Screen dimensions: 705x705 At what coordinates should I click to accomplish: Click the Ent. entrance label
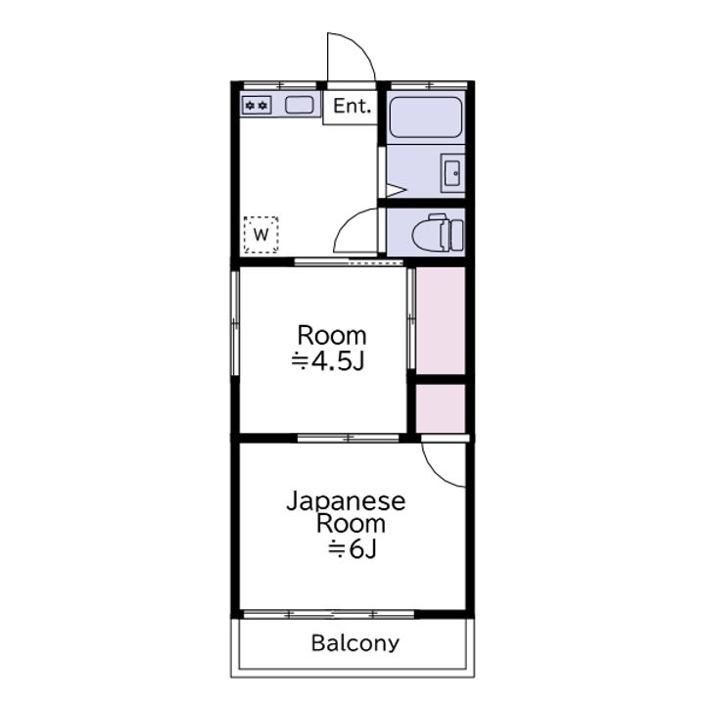click(x=352, y=106)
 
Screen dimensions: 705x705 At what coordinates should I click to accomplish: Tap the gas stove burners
click(x=257, y=106)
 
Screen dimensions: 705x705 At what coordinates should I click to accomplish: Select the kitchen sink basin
click(x=300, y=105)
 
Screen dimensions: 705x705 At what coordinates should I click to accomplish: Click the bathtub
click(x=425, y=117)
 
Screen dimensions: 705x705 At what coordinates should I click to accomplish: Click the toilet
click(x=438, y=232)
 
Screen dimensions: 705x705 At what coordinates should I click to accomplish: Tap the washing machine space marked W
click(x=260, y=234)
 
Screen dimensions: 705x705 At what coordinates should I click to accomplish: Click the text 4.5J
click(x=337, y=360)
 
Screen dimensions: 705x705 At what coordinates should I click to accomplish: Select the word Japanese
click(x=346, y=501)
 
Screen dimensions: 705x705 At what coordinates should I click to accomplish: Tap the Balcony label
click(x=355, y=643)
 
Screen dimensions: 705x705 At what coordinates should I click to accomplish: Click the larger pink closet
click(x=441, y=320)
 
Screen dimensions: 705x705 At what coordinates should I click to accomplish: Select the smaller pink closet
click(x=441, y=408)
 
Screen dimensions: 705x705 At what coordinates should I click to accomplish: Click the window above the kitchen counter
click(x=280, y=85)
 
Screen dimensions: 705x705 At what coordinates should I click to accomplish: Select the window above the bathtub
click(x=430, y=85)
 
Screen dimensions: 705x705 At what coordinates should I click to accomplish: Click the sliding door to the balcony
click(x=329, y=614)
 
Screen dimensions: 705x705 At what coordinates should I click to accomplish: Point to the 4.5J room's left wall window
click(x=235, y=322)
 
